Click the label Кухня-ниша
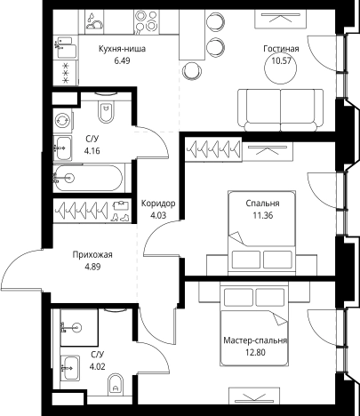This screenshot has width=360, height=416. pos(122,49)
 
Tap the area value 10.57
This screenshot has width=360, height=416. pos(281,60)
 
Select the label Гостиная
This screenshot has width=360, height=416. pos(281,49)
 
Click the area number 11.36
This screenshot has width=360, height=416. pos(263,215)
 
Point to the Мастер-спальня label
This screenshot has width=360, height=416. pos(255,340)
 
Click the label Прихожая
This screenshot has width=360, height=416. pos(92,255)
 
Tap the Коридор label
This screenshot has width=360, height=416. pos(158,204)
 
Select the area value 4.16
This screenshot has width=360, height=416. pos(92,151)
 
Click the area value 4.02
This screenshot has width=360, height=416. pos(98,367)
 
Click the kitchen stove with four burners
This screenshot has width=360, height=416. pos(147,20)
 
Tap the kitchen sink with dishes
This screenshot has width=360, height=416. pos(94,20)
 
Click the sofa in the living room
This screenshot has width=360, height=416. pos(280,110)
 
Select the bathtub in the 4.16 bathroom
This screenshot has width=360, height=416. pos(88,178)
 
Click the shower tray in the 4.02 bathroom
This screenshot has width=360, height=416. pos(79,327)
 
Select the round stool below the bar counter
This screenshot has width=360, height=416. pos(192,71)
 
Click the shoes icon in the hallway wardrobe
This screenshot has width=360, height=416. pos(120,212)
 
